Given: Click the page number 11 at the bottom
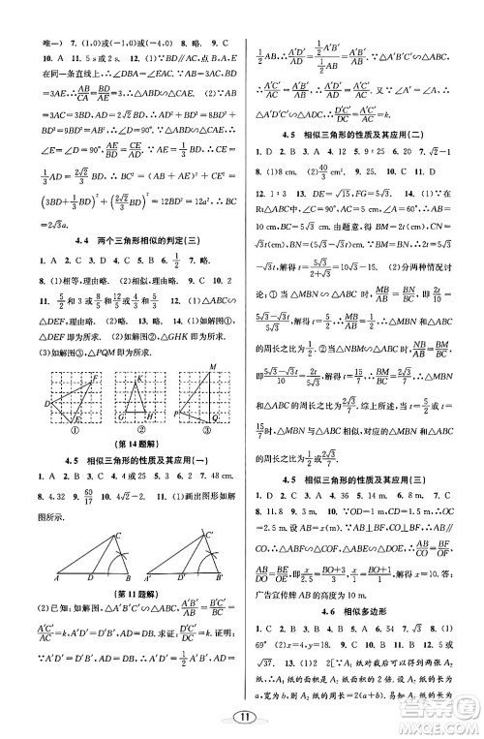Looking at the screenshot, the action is click(x=243, y=718).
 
